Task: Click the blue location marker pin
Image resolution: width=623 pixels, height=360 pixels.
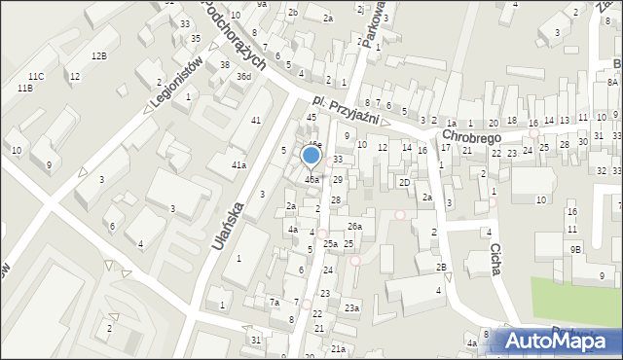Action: point(311,156)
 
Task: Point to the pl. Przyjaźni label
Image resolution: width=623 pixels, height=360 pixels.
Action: point(346,112)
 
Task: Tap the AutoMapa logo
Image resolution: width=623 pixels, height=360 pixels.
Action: point(557,341)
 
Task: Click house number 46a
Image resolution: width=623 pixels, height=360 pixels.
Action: point(311,179)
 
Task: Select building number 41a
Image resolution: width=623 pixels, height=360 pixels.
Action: point(238,165)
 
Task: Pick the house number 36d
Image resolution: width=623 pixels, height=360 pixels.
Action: point(243,76)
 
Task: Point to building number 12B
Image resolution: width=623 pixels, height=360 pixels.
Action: point(99,56)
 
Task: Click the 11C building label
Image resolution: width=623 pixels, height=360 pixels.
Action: point(36,76)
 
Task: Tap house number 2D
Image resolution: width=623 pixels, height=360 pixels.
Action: point(403,182)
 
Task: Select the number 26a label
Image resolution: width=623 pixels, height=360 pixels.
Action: point(355,227)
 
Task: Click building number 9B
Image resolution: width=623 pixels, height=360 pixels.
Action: point(575,249)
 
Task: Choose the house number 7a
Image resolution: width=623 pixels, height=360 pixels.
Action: point(275,302)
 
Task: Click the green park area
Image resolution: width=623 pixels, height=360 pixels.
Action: point(574,302)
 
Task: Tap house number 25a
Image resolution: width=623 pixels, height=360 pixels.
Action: point(330,243)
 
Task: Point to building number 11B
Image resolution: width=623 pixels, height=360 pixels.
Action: point(24,89)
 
